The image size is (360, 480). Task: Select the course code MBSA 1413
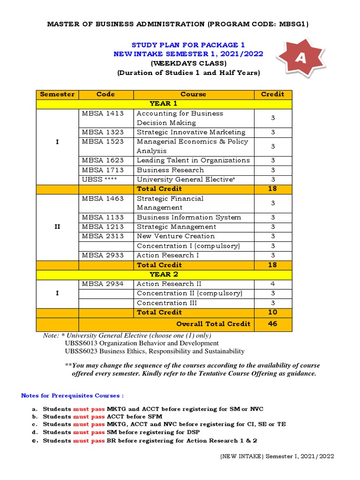[103, 113]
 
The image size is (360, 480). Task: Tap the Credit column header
[272, 94]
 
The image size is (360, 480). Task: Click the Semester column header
[57, 94]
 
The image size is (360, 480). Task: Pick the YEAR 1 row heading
[164, 104]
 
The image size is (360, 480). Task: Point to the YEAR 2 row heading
[164, 274]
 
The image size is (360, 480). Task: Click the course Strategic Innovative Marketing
[191, 132]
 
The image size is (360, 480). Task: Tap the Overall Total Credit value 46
[272, 324]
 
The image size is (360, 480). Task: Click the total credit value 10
[272, 312]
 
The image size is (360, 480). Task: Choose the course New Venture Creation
[176, 236]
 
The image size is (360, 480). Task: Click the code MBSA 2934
[103, 284]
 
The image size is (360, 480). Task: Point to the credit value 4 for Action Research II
[272, 284]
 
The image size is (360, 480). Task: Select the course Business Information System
[189, 217]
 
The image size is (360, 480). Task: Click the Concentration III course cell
[167, 303]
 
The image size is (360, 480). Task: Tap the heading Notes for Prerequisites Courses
[72, 396]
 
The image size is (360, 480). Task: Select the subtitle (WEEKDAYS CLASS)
[188, 63]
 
